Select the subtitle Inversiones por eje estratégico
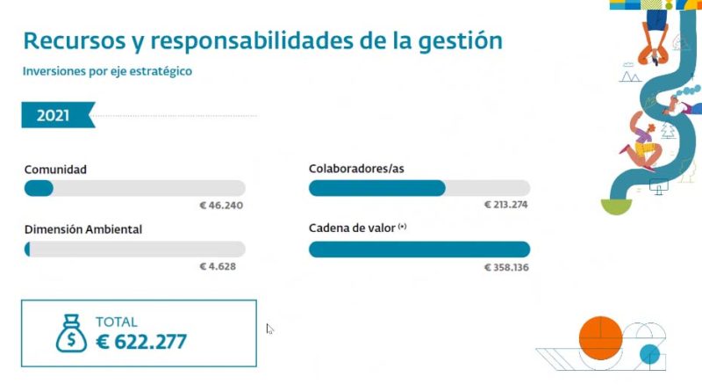107,71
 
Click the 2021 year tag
53,114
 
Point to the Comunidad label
55,168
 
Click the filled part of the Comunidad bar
39,188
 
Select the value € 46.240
220,206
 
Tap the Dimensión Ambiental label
83,229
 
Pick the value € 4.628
218,266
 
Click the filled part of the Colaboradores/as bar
377,188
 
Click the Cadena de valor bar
419,250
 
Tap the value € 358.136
506,266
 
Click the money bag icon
70,333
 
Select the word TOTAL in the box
117,322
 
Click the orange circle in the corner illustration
601,335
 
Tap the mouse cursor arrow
270,329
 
